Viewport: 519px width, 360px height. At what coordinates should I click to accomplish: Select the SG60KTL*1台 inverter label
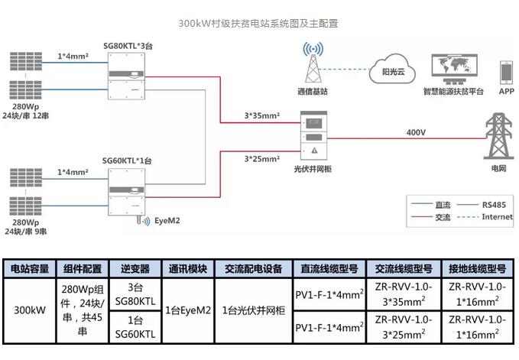[127, 161]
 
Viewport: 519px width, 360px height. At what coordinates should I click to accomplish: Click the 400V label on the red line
[416, 132]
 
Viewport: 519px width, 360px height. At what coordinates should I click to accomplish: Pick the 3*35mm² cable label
[261, 115]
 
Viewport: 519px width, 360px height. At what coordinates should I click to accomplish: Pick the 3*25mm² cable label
[261, 159]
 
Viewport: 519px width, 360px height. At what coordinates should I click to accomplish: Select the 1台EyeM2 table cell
[188, 311]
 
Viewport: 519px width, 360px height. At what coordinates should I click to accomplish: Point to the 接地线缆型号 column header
[478, 269]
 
